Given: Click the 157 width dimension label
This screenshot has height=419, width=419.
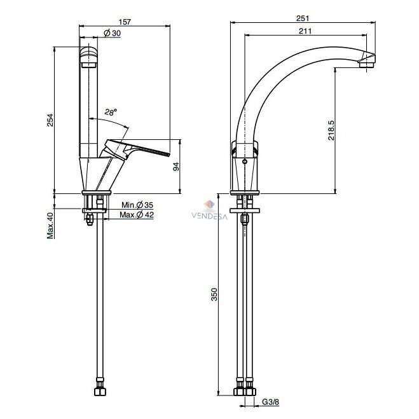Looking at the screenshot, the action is point(125,22).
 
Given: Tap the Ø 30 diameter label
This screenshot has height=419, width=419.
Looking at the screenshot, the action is point(112,33).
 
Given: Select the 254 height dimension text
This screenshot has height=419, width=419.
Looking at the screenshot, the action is point(50,120).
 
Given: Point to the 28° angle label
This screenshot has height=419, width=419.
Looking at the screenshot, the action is point(111,112).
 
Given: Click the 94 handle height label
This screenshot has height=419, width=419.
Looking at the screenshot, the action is point(176,167).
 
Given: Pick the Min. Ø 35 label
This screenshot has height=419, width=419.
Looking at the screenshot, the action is point(137,205).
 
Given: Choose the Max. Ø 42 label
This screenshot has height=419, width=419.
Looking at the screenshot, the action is point(137,214).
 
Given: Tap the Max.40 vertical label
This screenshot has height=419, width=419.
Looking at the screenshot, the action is point(50,225).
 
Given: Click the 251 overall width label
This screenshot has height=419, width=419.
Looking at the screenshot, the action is point(303,18).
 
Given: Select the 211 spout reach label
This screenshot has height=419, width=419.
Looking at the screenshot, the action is point(305,31).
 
